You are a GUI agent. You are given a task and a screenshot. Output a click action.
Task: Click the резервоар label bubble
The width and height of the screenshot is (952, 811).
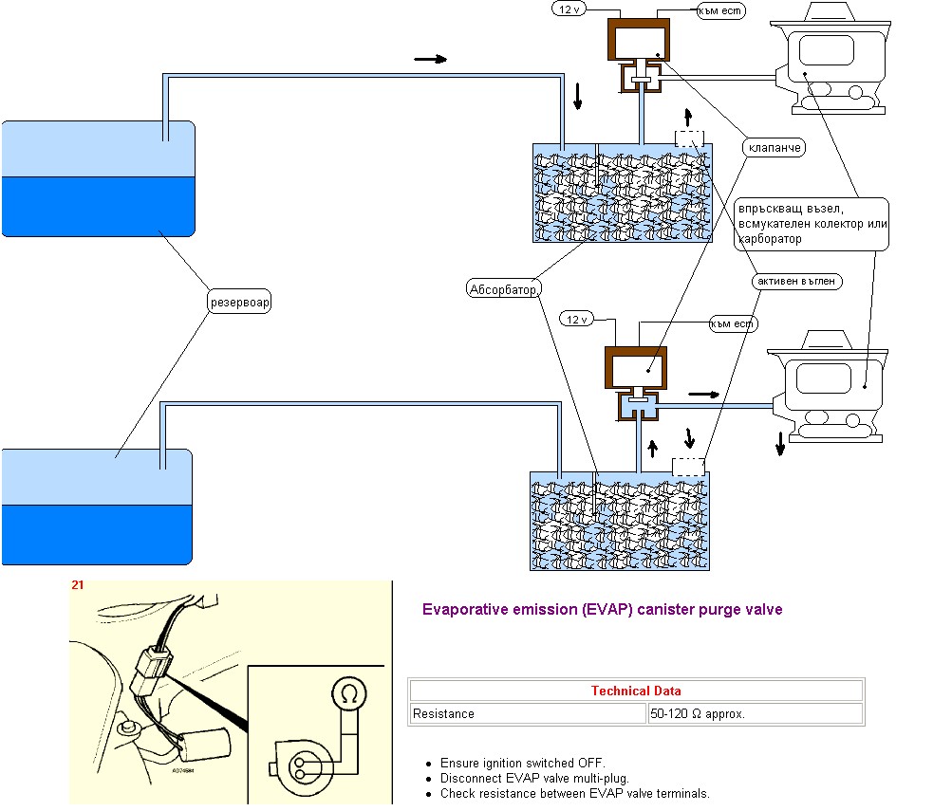[x=239, y=303]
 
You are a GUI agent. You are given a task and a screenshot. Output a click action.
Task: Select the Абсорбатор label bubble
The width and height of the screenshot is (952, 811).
[x=503, y=288]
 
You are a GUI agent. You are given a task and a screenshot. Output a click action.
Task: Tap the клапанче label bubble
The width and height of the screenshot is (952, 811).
[x=775, y=148]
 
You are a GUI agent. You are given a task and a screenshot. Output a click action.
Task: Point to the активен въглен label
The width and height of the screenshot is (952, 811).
[x=798, y=282]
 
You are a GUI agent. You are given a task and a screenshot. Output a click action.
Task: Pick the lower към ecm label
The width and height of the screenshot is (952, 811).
[x=733, y=324]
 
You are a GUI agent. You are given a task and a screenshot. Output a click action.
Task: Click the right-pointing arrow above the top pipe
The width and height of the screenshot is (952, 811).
[x=430, y=59]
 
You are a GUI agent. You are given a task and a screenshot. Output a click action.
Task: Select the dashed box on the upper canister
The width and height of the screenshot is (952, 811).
[x=691, y=138]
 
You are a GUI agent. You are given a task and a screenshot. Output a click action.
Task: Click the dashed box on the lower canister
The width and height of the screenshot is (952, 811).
[x=688, y=467]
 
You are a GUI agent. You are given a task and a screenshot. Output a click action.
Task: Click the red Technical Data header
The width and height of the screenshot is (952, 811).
[x=635, y=691]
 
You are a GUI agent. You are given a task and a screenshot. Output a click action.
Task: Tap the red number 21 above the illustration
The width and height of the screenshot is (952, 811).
[x=77, y=585]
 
